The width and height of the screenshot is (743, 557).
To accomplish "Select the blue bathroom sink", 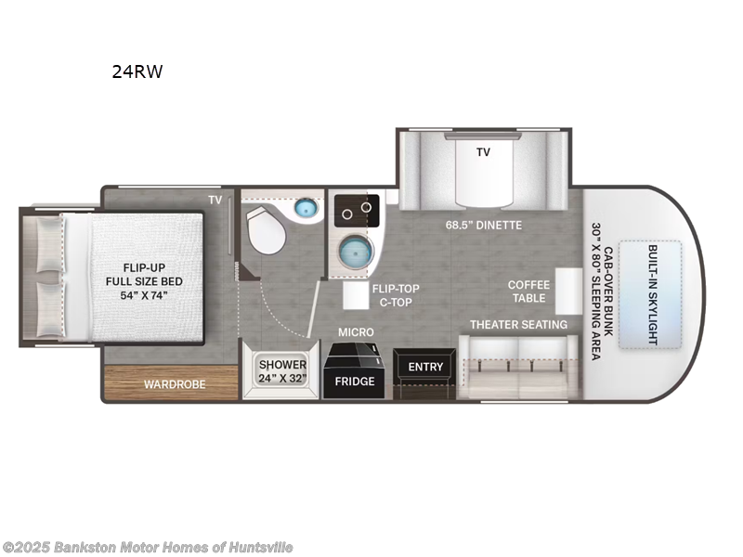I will pyautogui.click(x=306, y=209).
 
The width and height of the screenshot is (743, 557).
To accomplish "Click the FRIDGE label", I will pyautogui.click(x=354, y=382).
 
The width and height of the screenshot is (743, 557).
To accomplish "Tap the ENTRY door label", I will pyautogui.click(x=425, y=367).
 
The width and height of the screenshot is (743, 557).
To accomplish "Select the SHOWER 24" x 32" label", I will pyautogui.click(x=282, y=371).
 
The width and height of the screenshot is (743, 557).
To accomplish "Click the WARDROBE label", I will pyautogui.click(x=174, y=383).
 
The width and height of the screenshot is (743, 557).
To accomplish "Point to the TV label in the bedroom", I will pyautogui.click(x=215, y=200).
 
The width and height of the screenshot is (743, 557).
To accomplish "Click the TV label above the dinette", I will pyautogui.click(x=483, y=152).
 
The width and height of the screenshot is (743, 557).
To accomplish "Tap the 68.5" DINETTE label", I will pyautogui.click(x=484, y=225).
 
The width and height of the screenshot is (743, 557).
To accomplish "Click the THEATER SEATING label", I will pyautogui.click(x=518, y=324).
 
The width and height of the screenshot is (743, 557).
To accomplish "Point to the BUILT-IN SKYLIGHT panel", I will pyautogui.click(x=650, y=294).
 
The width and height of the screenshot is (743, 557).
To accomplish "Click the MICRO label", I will pyautogui.click(x=356, y=331).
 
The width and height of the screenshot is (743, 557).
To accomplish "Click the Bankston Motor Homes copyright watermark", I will pyautogui.click(x=148, y=548).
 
